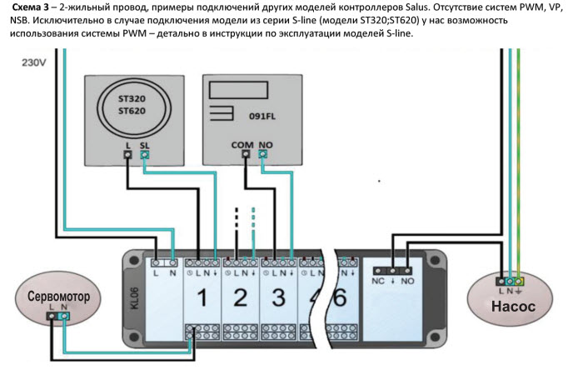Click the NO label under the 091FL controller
point(266,145)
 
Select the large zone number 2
point(240,297)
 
